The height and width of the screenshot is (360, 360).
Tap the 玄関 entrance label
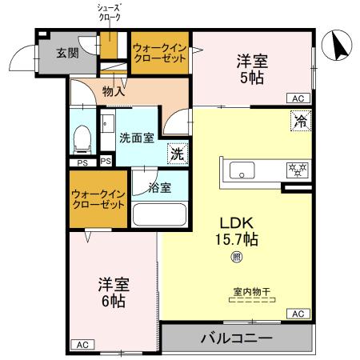pos(66,54)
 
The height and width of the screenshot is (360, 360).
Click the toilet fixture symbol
pos(81,141)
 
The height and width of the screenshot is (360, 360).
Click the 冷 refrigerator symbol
pos(300,122)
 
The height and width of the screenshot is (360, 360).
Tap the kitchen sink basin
pos(242,170)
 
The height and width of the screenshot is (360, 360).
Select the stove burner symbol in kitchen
pos(296,169)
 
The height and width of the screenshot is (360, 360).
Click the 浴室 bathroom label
pos(160,188)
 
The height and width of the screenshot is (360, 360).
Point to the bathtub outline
pos(158,215)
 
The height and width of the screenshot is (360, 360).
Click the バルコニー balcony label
pos(236,338)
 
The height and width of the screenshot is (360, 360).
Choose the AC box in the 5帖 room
pos(297,98)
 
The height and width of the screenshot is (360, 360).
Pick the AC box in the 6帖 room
pos(82,344)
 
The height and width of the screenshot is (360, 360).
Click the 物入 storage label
pos(114,91)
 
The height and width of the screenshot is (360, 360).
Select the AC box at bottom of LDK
pos(297,313)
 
